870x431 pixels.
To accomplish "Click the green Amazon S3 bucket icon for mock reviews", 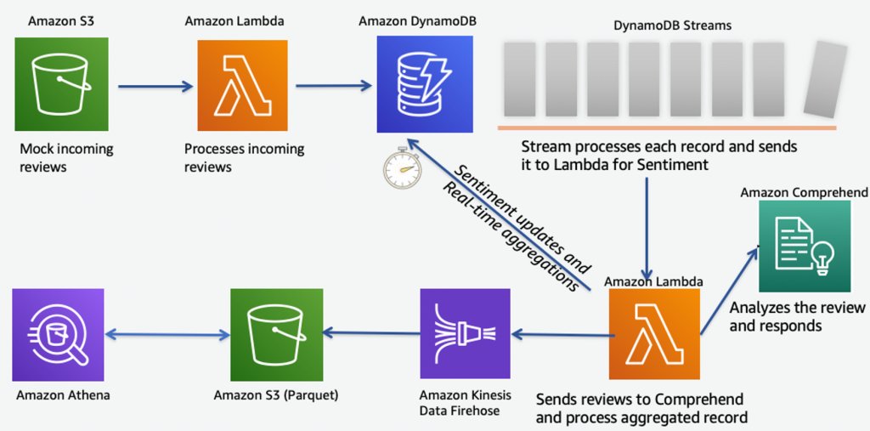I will coord(60,86).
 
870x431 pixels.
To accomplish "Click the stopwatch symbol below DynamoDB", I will coord(401,168).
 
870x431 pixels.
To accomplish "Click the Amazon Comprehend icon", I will coord(804,247).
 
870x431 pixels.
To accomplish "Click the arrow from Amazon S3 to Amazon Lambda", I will coord(155,86).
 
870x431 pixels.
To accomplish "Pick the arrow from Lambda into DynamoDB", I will coord(334,85).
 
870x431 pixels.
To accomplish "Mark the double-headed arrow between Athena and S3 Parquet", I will coord(167,334).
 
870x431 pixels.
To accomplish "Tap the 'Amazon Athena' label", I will coord(63,394).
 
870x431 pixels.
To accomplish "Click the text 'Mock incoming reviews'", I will coord(66,157).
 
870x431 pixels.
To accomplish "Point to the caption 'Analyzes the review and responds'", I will coord(797,316).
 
